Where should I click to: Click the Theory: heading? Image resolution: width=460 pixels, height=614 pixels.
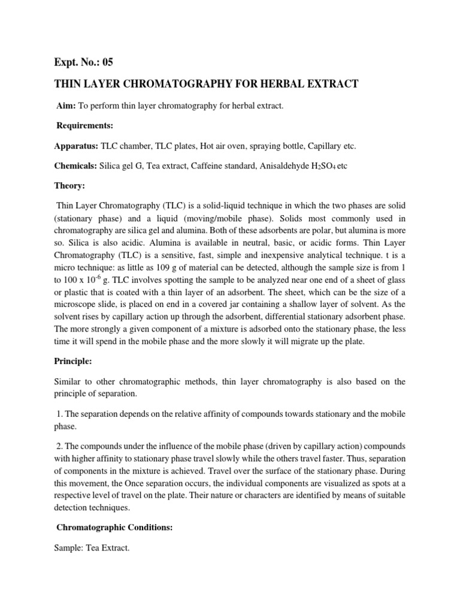[71, 186]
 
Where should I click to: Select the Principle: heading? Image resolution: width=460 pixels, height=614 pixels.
[77, 361]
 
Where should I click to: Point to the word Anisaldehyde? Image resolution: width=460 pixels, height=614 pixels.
[282, 165]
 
